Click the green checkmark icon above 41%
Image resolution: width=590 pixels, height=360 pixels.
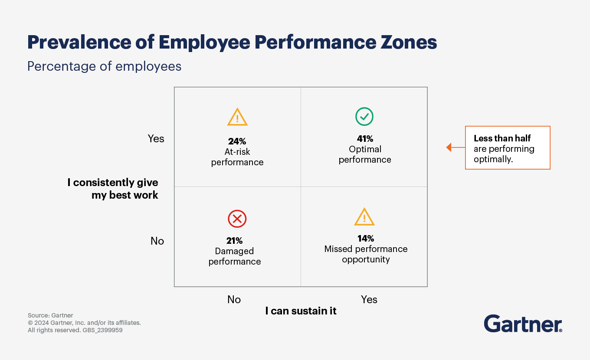click(x=364, y=117)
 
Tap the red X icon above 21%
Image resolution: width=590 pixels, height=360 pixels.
click(x=237, y=219)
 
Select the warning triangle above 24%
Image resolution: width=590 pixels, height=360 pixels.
click(x=237, y=118)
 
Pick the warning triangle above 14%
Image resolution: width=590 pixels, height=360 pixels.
click(x=364, y=217)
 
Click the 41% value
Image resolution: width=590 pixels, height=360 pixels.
click(x=365, y=139)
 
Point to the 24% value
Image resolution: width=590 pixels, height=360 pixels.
click(x=237, y=141)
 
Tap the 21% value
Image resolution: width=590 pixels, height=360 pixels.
click(x=234, y=241)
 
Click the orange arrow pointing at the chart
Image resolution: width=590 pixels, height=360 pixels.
click(x=455, y=147)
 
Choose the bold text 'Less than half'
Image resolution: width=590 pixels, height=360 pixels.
click(x=502, y=138)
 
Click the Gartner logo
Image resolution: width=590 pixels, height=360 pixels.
click(x=523, y=324)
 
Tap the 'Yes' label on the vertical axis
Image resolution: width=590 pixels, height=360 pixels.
click(x=156, y=138)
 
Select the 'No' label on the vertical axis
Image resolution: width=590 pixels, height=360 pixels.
click(x=157, y=241)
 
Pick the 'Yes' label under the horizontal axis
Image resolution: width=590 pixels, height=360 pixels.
click(x=369, y=299)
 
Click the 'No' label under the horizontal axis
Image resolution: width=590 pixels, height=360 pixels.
click(x=234, y=299)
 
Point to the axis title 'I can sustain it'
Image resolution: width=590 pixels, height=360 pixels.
click(x=301, y=311)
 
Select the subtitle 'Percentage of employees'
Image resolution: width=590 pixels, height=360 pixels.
click(x=104, y=66)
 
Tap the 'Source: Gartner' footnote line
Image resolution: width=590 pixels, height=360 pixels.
click(x=50, y=315)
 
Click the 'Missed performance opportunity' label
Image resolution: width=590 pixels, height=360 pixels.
click(x=366, y=254)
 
